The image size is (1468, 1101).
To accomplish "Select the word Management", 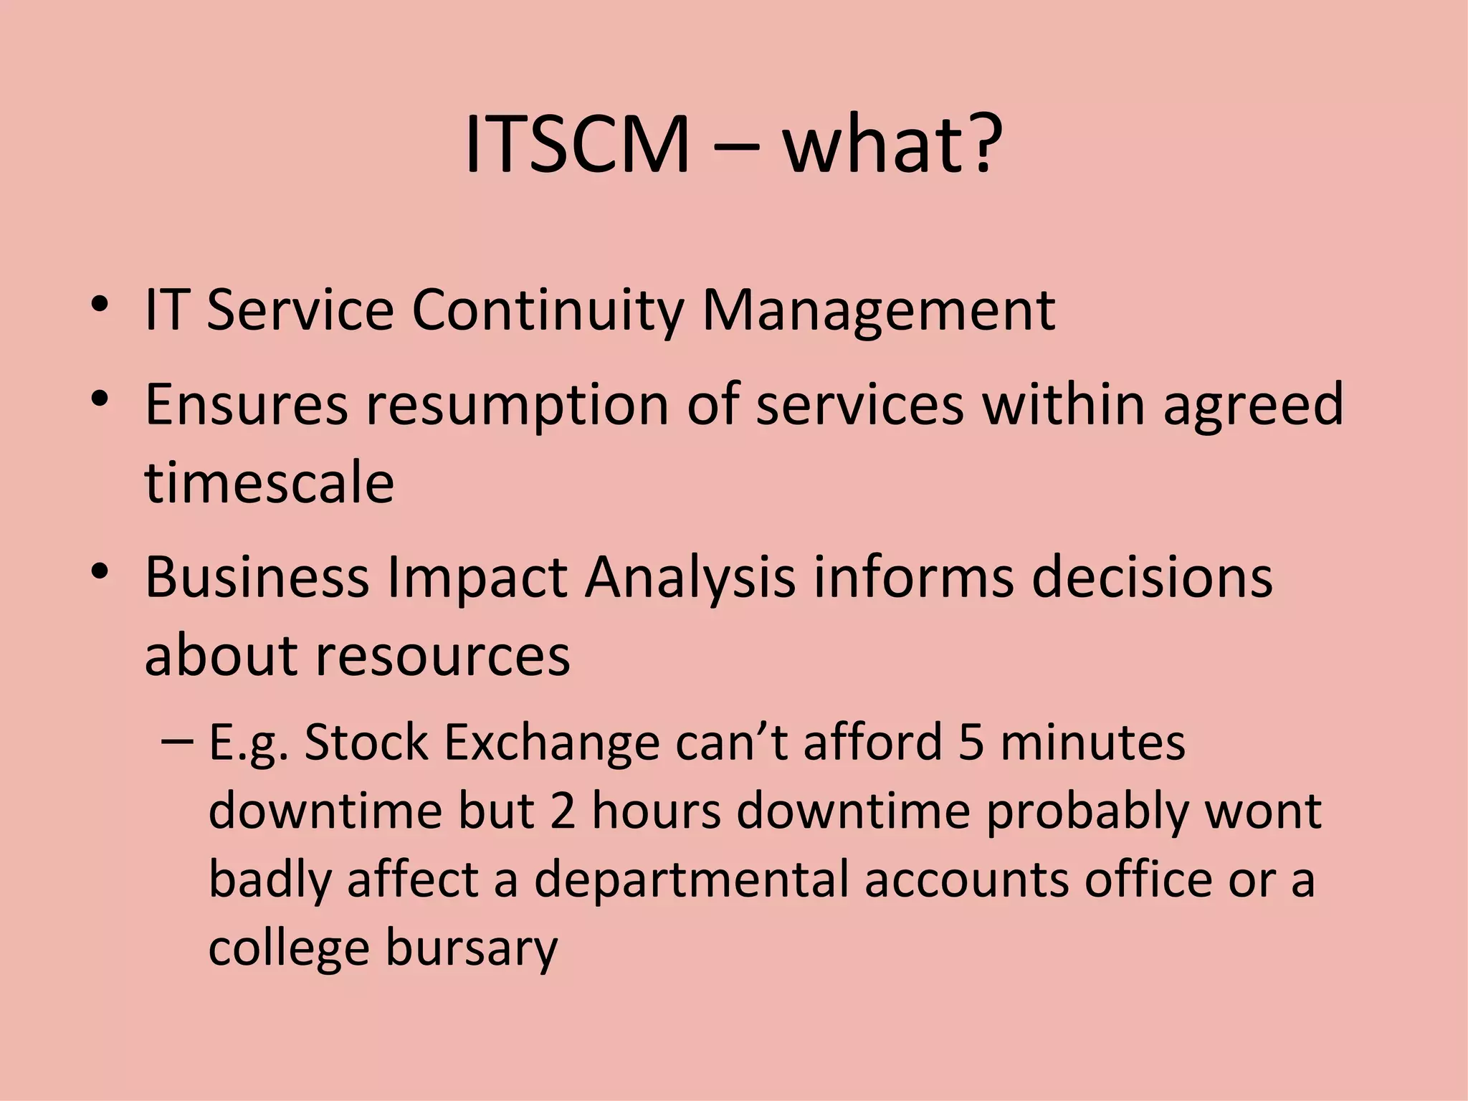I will (878, 312).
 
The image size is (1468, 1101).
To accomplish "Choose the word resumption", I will (518, 406).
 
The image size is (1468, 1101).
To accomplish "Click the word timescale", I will (270, 482).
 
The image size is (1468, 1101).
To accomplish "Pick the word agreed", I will (1253, 406).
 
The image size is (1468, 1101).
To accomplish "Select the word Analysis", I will (690, 578).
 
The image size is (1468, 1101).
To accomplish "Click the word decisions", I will (1152, 577).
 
